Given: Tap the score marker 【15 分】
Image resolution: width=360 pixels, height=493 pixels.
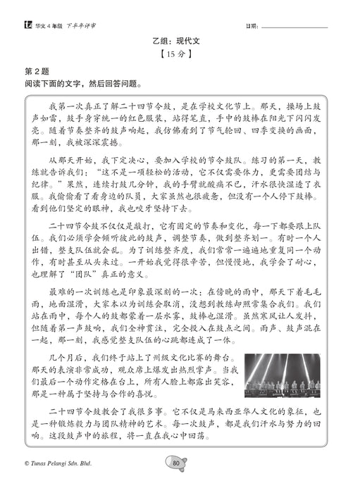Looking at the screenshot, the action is [x=180, y=56].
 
